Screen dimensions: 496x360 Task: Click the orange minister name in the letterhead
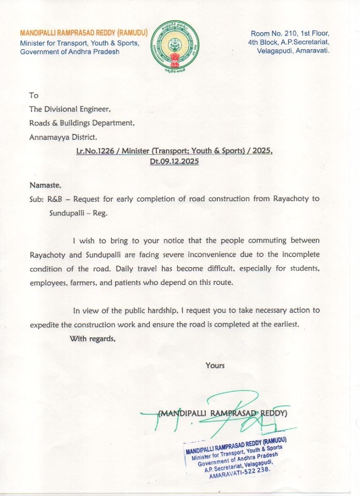[x=83, y=33]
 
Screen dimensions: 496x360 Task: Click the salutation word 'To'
[x=33, y=95]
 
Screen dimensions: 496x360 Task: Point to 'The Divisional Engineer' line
[x=70, y=109]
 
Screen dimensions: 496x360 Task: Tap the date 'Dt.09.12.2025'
[x=174, y=162]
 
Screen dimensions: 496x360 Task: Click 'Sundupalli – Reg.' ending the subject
[x=78, y=213]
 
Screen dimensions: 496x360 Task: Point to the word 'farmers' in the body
[x=80, y=283]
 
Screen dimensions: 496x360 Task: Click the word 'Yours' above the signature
[x=215, y=365]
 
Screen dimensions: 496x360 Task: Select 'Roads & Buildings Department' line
[x=82, y=123]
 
